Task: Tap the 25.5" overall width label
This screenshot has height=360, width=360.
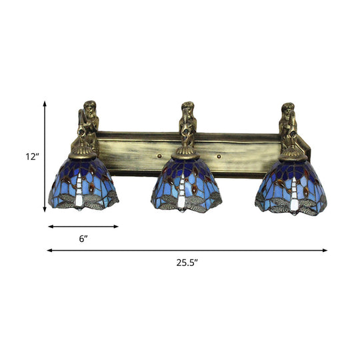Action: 187,263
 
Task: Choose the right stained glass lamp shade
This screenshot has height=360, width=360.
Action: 292,185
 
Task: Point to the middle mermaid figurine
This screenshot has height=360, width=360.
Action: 188,122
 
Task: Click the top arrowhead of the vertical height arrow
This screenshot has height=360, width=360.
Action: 45,103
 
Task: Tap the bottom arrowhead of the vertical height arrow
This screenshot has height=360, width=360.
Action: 45,214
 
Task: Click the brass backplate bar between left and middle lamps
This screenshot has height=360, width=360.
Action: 137,147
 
